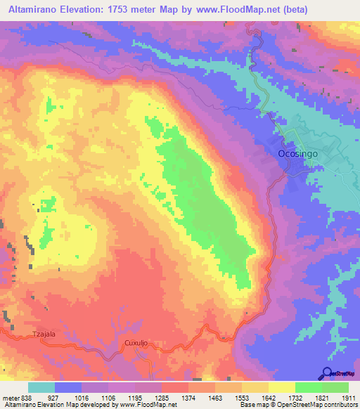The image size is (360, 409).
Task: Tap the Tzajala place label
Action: tap(44, 335)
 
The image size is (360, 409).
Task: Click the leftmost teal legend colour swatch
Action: tap(41, 387)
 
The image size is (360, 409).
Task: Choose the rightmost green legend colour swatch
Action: tap(335, 387)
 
